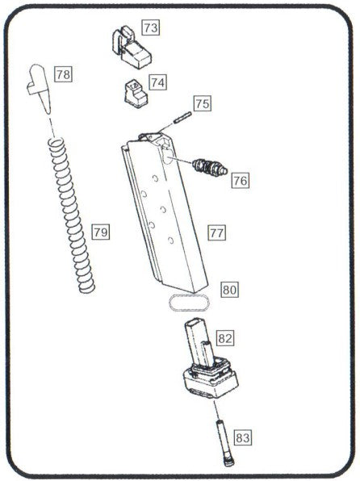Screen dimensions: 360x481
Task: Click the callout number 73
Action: click(x=151, y=27)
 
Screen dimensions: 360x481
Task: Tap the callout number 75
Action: click(x=203, y=103)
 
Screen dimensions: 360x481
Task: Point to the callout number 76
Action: click(x=240, y=181)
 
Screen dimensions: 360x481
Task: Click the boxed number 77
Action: click(x=216, y=232)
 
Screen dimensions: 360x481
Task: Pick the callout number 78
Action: click(x=63, y=74)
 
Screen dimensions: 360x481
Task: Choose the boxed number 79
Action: click(x=101, y=232)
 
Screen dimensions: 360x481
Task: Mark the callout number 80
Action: click(x=229, y=290)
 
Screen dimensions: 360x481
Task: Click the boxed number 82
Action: click(x=225, y=338)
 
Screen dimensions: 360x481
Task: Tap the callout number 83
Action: click(x=243, y=437)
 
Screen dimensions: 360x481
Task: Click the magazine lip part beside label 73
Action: click(x=131, y=47)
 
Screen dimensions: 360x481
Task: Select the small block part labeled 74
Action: click(x=136, y=94)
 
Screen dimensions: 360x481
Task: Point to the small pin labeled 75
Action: click(x=182, y=118)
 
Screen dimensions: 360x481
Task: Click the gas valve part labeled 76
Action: click(x=210, y=168)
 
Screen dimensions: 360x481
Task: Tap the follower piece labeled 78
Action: click(x=40, y=88)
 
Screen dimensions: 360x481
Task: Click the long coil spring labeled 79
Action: click(x=72, y=215)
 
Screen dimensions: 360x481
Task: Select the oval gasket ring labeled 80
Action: click(x=190, y=303)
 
